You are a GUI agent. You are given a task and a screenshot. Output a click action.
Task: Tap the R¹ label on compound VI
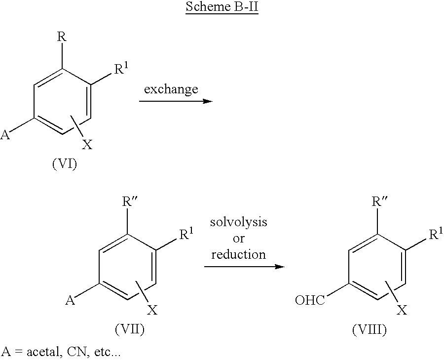[121, 69]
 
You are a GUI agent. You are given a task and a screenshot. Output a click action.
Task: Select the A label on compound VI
[6, 134]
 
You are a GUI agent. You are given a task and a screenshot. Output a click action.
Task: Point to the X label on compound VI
[87, 145]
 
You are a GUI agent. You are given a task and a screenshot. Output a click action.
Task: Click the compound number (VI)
[64, 165]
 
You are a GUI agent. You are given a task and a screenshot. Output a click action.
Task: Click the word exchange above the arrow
[171, 89]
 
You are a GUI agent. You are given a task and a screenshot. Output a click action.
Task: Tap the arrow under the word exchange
[175, 101]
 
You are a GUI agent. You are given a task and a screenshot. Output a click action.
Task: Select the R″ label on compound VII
[131, 202]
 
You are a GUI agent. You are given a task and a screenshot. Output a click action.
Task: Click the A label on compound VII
[71, 300]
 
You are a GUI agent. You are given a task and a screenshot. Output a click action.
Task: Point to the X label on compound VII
[153, 310]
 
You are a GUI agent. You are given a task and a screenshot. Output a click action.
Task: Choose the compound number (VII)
[130, 330]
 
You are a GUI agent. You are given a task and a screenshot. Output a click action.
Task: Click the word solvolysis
[239, 222]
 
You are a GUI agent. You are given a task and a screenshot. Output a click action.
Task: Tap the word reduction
[239, 254]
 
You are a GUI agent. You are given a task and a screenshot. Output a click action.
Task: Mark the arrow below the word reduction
[245, 267]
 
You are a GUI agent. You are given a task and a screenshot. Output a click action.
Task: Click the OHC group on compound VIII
[309, 300]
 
